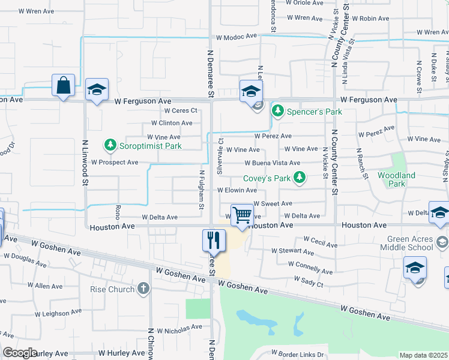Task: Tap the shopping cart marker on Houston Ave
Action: (241, 215)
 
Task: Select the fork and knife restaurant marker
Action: (214, 241)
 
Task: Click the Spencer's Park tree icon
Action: (277, 111)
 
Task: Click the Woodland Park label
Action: (396, 179)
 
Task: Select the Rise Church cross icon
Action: (143, 289)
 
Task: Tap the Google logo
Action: (20, 353)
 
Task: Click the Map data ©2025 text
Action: (423, 355)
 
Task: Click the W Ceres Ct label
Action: (180, 110)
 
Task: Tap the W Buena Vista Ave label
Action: (272, 163)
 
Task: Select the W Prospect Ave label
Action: (115, 163)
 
